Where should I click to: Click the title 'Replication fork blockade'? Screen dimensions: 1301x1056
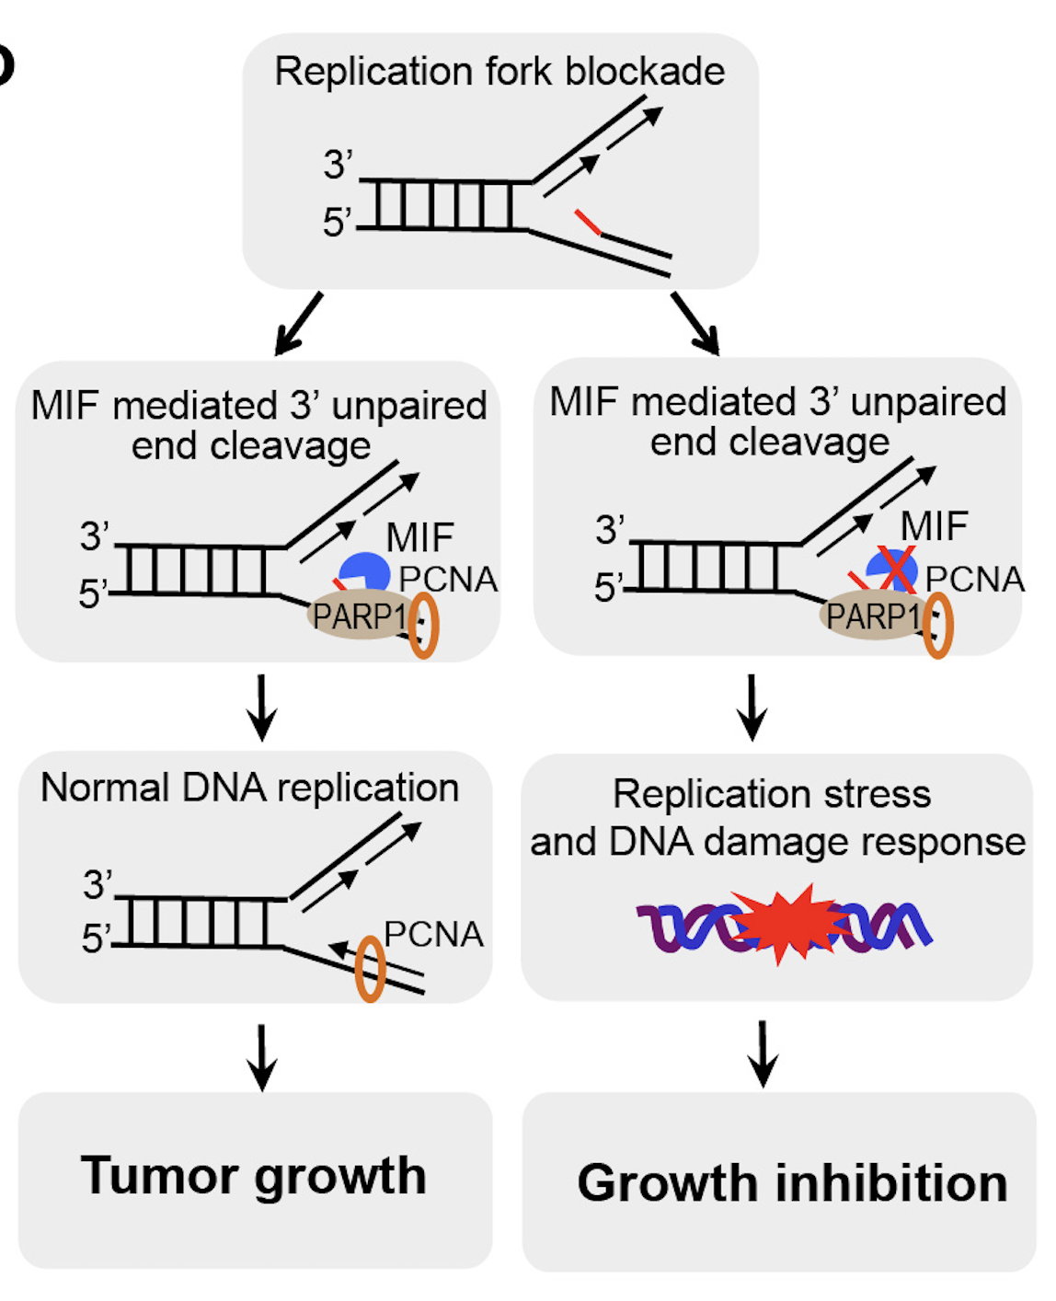(499, 72)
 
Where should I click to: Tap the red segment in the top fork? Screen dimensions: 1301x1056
(588, 223)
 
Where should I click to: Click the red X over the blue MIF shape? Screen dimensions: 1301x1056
(893, 570)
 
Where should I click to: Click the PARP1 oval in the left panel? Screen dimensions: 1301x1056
(358, 616)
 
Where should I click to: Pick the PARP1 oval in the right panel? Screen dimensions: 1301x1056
(871, 616)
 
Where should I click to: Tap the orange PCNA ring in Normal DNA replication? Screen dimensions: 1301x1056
(370, 968)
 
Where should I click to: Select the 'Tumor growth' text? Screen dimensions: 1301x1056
(254, 1176)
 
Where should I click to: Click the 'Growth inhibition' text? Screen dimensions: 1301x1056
(792, 1183)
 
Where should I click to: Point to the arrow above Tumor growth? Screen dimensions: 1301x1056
(262, 1056)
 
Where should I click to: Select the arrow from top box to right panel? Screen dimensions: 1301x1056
(695, 324)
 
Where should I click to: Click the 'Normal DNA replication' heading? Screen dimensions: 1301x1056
(250, 789)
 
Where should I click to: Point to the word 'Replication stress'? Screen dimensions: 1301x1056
(772, 794)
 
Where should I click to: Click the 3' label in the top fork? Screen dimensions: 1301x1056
(338, 166)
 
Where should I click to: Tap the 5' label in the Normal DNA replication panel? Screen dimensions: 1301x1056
(96, 938)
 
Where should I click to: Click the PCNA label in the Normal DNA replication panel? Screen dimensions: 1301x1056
(433, 934)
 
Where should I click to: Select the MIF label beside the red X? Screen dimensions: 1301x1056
(934, 527)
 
